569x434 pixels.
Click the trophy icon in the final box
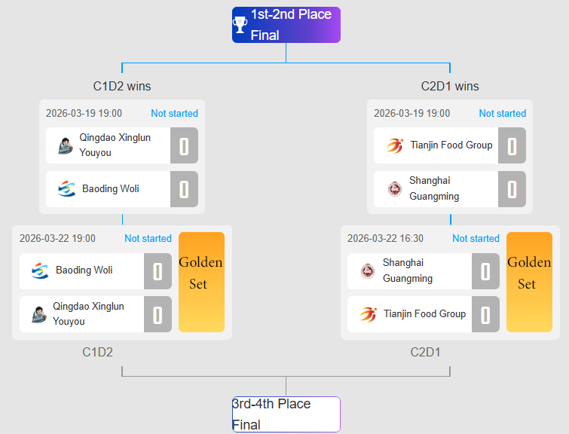[240, 25]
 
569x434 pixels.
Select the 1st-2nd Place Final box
[286, 25]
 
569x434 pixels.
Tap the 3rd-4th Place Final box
[286, 414]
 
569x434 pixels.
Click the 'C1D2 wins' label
[122, 86]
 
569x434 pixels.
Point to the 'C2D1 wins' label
[450, 86]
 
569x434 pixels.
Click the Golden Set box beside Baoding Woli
[201, 282]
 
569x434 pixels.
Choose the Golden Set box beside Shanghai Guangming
[529, 282]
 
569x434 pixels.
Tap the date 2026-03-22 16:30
[385, 238]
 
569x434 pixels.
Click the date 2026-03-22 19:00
[57, 238]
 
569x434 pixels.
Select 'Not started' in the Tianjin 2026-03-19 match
[502, 113]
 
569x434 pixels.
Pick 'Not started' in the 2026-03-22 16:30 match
[476, 238]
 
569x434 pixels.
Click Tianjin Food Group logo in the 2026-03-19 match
[395, 145]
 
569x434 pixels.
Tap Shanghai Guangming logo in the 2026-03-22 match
[368, 270]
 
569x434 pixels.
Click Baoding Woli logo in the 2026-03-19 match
[67, 189]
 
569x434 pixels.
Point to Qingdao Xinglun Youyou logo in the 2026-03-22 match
[40, 314]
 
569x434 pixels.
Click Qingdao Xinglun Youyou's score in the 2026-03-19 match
[184, 145]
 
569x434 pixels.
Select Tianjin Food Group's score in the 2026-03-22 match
[485, 314]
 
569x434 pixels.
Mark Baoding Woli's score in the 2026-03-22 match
[158, 270]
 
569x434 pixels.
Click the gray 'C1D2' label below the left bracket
[98, 352]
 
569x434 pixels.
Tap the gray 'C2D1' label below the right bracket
[426, 352]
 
